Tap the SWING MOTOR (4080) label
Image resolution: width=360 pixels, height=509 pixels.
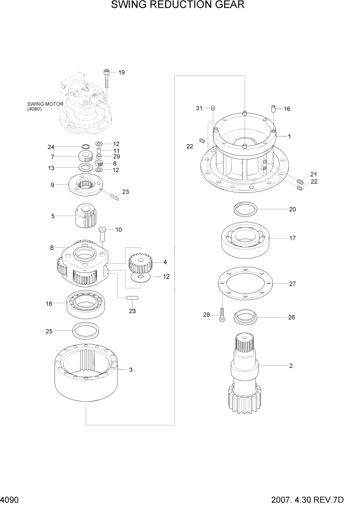(46, 106)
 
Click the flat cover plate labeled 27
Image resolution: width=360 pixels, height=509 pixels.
(245, 284)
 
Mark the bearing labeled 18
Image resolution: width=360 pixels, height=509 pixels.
(86, 304)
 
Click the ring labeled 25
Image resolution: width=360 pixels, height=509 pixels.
(86, 330)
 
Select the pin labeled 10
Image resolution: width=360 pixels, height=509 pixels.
(103, 234)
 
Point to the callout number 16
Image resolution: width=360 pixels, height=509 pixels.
(287, 109)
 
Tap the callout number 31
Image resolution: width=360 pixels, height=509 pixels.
(199, 108)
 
